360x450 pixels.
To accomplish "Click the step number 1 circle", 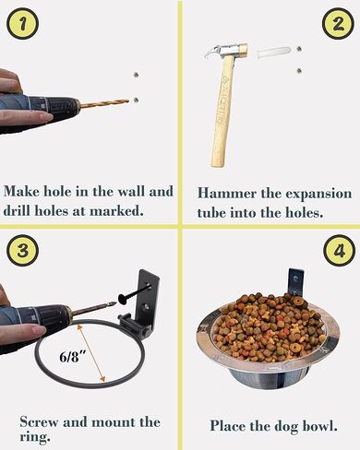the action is click(x=23, y=24).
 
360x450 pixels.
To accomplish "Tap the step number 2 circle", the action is click(x=338, y=24).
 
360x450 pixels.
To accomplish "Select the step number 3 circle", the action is click(x=23, y=251).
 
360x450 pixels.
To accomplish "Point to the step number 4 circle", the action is click(x=339, y=251).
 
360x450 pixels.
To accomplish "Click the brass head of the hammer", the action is click(x=244, y=50).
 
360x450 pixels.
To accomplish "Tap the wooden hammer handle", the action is click(x=221, y=111).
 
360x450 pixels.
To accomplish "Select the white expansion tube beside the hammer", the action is click(x=273, y=53).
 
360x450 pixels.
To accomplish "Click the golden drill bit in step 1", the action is click(x=104, y=103).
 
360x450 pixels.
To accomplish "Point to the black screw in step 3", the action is click(x=135, y=293).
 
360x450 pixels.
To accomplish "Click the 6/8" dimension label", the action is click(x=72, y=357).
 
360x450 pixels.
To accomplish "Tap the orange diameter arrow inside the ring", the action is click(x=90, y=353).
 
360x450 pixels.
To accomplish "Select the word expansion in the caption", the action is click(x=318, y=195).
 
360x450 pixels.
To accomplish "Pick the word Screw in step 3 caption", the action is click(x=39, y=422).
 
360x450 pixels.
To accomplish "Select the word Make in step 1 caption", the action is click(x=21, y=192).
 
